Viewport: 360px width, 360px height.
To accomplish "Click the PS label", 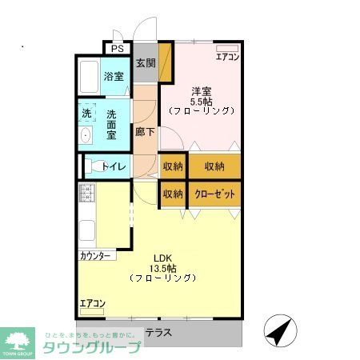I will [x=118, y=49].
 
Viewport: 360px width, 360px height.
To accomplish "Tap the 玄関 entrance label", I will [x=145, y=63].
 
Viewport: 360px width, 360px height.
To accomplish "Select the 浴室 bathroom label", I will [x=113, y=77].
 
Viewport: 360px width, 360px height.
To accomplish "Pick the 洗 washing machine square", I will [x=86, y=114].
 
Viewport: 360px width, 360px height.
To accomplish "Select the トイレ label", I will [x=112, y=166].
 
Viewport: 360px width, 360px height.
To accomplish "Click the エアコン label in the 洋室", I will [x=227, y=57].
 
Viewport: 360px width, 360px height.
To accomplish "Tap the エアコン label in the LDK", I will [x=92, y=303].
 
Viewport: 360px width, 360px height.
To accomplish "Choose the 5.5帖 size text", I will [x=201, y=101].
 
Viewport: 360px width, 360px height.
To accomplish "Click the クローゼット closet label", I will [x=214, y=194].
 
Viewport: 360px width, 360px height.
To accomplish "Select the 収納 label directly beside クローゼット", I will [x=173, y=194].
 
